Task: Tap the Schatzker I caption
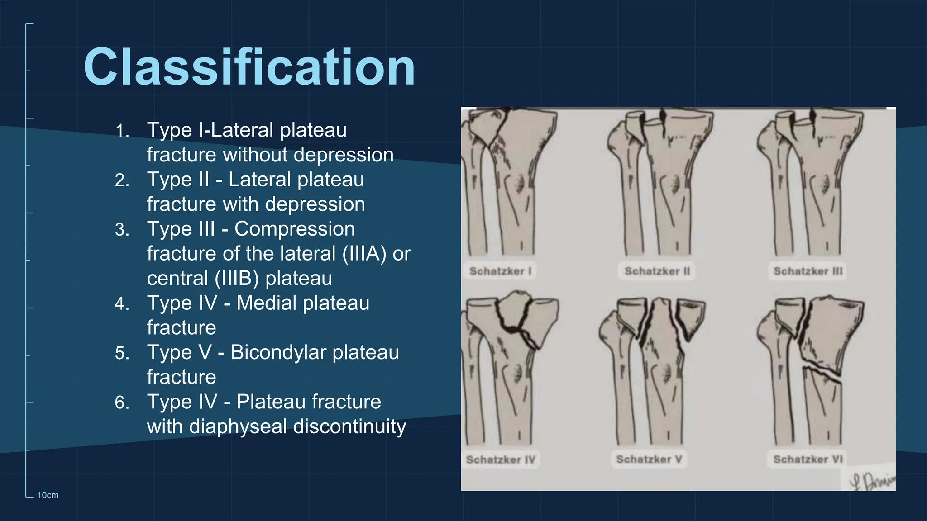click(500, 271)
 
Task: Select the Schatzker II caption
click(657, 271)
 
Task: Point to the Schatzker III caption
click(808, 271)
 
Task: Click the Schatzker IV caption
click(501, 459)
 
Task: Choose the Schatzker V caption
click(649, 459)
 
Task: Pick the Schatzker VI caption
click(808, 459)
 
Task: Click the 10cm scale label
click(48, 495)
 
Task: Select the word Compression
click(295, 229)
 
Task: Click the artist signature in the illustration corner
click(871, 481)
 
